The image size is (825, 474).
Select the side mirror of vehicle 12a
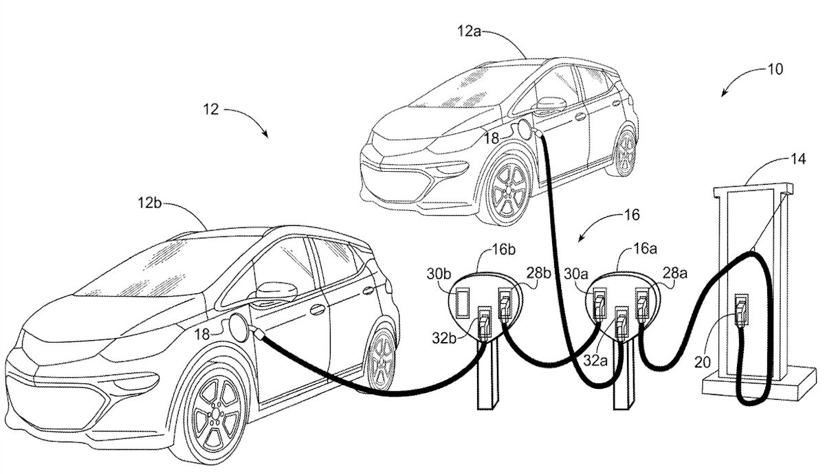(x=547, y=104)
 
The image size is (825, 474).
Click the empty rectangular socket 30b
(x=460, y=302)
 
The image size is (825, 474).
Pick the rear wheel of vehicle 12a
(x=625, y=152)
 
